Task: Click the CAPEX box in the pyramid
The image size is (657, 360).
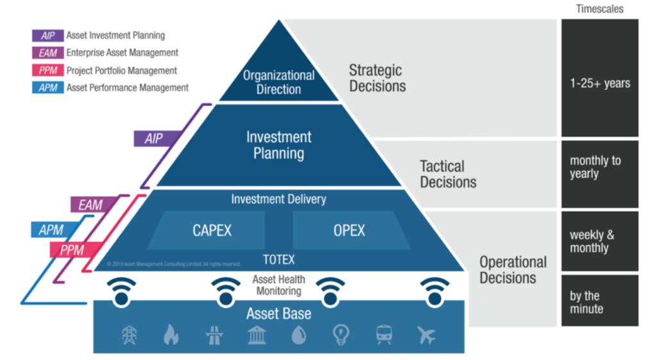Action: [x=212, y=230]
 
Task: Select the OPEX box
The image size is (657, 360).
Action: [x=350, y=230]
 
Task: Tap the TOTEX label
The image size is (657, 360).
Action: [x=278, y=259]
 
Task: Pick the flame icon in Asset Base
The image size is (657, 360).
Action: [x=171, y=334]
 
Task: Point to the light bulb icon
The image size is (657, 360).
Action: [x=341, y=334]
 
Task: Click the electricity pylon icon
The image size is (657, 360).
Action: [x=129, y=334]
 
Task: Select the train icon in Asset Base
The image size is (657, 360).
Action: [x=384, y=334]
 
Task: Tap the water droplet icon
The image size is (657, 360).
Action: [x=298, y=334]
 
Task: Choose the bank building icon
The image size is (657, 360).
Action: [x=257, y=334]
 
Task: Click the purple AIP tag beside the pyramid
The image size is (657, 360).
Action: [x=153, y=138]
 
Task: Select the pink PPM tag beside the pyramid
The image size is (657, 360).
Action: [x=73, y=250]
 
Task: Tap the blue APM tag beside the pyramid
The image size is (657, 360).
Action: [x=51, y=230]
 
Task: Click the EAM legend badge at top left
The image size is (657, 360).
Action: [x=47, y=53]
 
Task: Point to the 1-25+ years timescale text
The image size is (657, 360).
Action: [x=600, y=83]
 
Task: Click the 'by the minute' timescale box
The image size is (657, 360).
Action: [x=600, y=302]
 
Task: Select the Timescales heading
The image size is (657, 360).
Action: [x=600, y=8]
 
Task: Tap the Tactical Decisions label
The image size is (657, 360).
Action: [x=448, y=174]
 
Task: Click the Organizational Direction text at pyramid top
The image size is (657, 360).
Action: [x=278, y=82]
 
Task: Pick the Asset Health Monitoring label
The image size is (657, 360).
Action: [x=278, y=286]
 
